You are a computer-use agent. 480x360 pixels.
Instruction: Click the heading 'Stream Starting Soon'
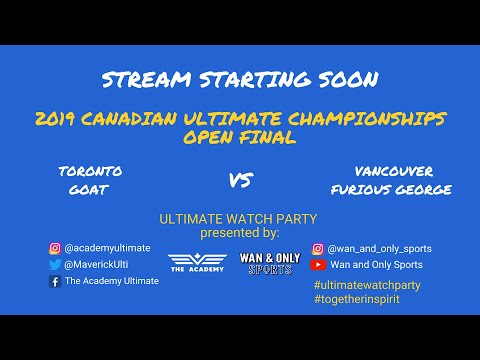[x=240, y=80]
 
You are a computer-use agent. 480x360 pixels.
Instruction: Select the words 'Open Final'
[x=240, y=137]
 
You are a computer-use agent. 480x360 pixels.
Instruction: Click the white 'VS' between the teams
[x=240, y=181]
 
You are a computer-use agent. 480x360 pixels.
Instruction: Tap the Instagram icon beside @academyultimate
[x=55, y=248]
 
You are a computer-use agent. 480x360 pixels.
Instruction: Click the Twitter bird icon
[x=55, y=265]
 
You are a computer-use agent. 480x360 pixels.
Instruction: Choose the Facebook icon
[x=55, y=282]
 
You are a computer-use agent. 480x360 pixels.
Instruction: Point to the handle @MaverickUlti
[x=95, y=265]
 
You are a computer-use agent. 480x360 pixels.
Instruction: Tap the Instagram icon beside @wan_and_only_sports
[x=319, y=248]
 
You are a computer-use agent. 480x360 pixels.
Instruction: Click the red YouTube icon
[x=319, y=265]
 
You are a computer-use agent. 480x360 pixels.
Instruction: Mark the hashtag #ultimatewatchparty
[x=366, y=285]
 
